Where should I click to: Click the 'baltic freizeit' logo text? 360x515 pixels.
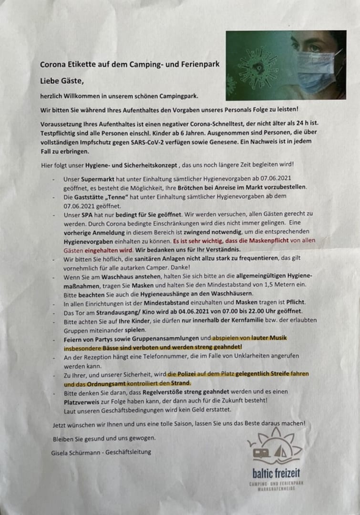tap(276, 473)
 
